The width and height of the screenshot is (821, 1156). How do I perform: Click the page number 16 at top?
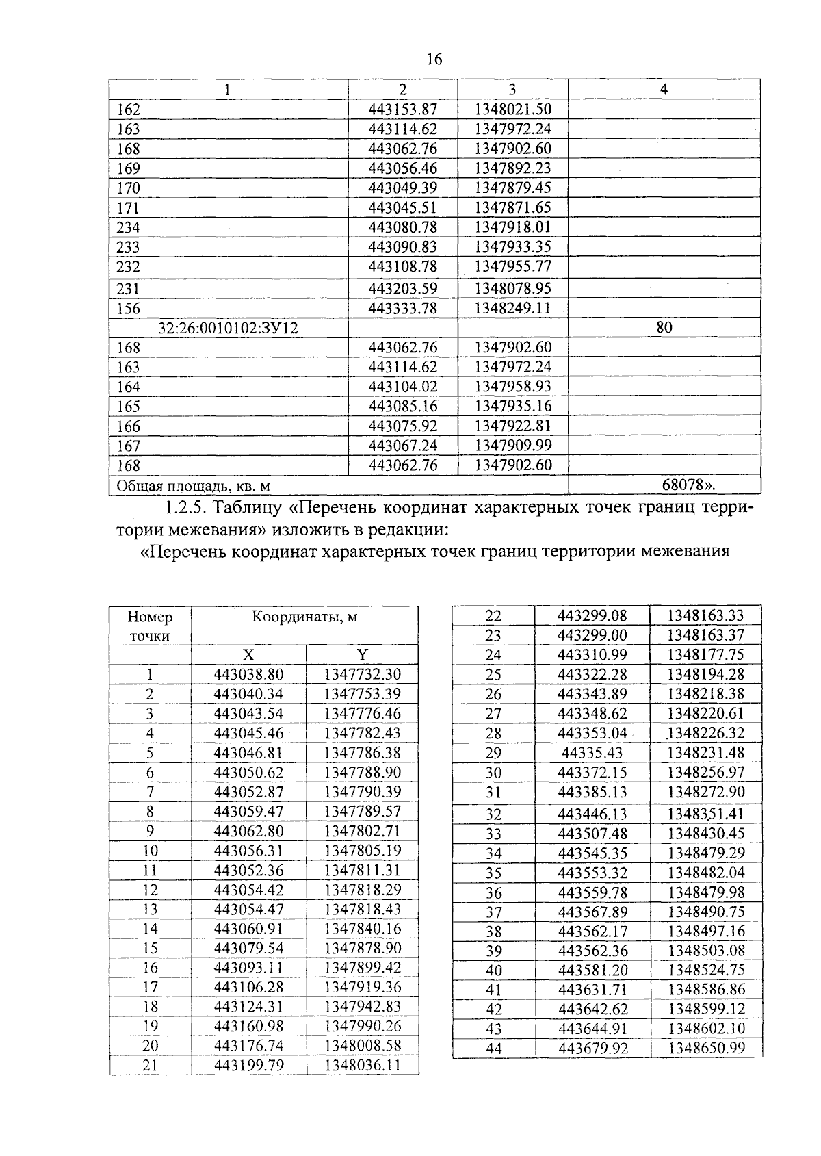click(434, 60)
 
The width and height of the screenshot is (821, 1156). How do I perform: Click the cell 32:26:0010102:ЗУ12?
click(229, 328)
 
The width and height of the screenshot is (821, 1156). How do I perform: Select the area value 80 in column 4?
click(664, 328)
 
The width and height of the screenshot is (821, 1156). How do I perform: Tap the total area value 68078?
click(688, 485)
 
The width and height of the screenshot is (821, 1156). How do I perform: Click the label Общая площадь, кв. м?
click(194, 486)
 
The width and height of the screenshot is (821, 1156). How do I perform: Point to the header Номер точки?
click(150, 626)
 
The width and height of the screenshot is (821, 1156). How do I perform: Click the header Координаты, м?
click(304, 617)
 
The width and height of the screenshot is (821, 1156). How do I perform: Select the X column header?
click(248, 654)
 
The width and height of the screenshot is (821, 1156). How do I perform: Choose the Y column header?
click(362, 654)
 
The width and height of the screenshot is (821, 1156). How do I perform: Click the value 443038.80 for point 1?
click(248, 674)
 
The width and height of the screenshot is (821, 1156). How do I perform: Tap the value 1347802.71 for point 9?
click(362, 832)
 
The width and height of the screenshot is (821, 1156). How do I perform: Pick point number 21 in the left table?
click(150, 1066)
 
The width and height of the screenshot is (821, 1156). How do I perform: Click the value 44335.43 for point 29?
click(592, 753)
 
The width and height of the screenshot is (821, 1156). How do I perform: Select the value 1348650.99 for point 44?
click(706, 1048)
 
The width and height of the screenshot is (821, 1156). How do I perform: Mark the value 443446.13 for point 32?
click(592, 814)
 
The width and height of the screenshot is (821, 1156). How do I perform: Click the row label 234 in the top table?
click(129, 227)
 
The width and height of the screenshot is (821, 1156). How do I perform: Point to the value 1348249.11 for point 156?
click(512, 308)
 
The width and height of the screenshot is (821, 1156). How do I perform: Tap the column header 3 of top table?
click(512, 89)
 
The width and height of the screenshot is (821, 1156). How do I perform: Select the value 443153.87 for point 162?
click(402, 110)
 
